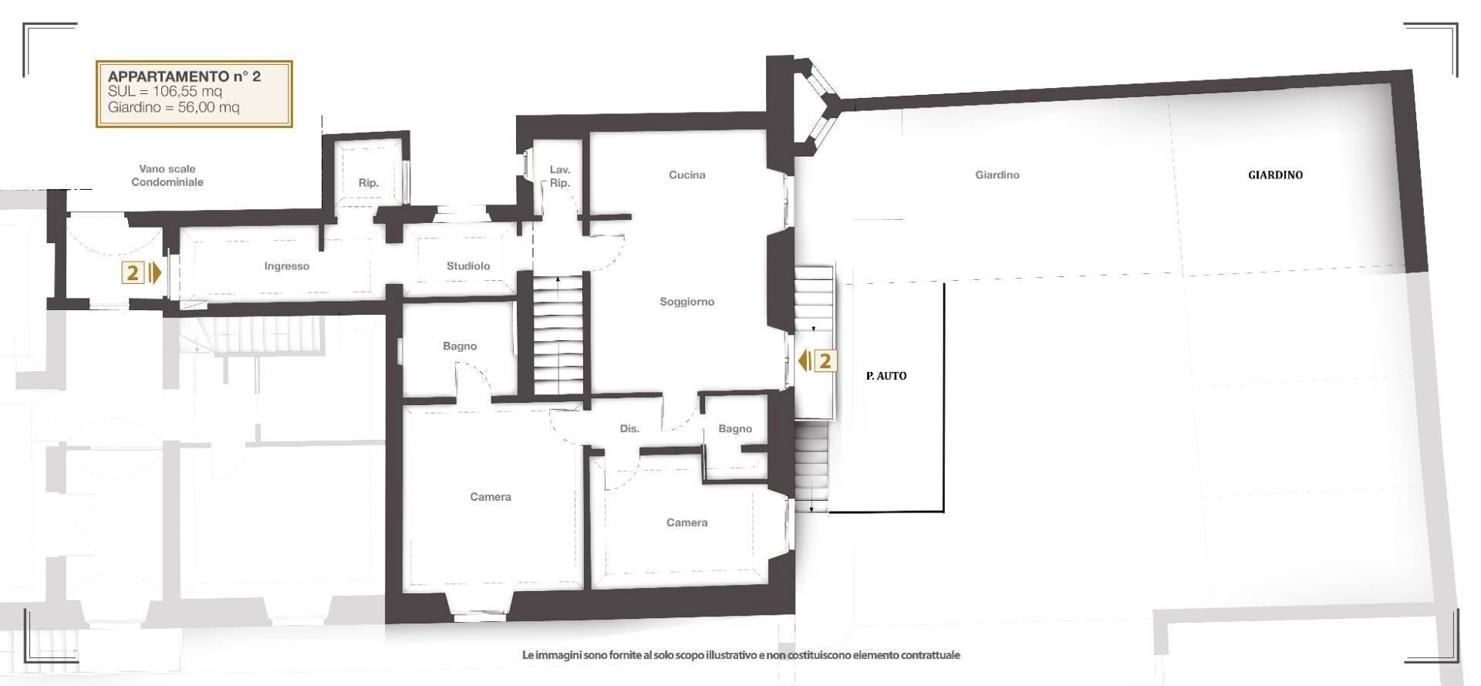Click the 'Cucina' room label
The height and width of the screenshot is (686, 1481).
coord(687,175)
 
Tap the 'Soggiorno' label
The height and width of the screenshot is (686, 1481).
coord(687,302)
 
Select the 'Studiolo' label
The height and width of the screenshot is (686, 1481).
coord(468,266)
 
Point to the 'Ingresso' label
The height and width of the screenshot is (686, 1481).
coord(286,266)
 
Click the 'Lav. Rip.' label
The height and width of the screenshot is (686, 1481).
coord(559,176)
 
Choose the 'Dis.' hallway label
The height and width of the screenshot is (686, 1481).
coord(629,429)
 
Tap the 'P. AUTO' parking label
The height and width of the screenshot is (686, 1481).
coord(886,376)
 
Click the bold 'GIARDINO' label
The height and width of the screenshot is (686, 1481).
coord(1275,175)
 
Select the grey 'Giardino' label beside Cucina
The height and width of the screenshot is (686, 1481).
coord(997,175)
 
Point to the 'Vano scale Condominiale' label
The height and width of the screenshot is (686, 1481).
coord(167,175)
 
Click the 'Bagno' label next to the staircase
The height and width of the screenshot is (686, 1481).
coord(460,346)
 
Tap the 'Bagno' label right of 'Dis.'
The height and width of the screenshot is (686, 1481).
coord(734,429)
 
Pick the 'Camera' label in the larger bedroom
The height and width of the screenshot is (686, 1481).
coord(491,497)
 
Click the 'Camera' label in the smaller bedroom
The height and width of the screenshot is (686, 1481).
coord(687,522)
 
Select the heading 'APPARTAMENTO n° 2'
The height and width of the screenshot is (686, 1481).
coord(184,76)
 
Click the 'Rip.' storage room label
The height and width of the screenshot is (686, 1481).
coord(368,183)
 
